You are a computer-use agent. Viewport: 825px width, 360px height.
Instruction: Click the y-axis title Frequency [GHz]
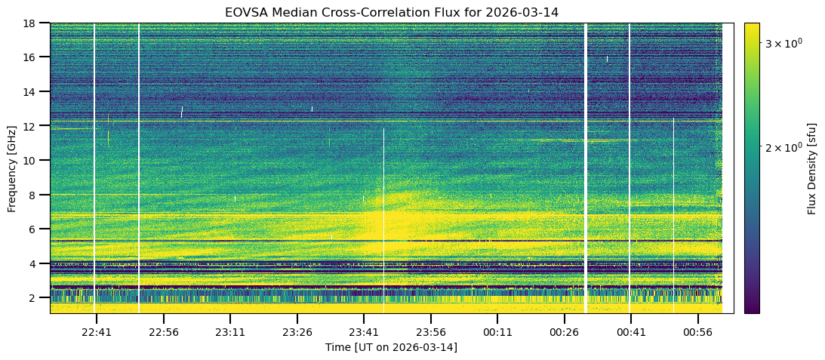(12, 168)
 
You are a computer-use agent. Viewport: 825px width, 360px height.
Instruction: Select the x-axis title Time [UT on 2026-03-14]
(391, 347)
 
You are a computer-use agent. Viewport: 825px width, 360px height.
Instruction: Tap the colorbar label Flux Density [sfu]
(812, 168)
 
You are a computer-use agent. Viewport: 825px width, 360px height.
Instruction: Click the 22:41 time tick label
(97, 331)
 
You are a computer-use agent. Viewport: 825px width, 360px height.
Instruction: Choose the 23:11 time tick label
(230, 331)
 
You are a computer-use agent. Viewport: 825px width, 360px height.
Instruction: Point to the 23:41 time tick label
(364, 331)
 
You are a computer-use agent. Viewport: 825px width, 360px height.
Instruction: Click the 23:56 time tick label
(430, 331)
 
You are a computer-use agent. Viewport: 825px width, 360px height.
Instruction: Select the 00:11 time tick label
(497, 331)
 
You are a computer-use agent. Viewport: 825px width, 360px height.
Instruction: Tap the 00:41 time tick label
(631, 331)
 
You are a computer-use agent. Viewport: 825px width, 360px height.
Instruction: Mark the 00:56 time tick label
(697, 331)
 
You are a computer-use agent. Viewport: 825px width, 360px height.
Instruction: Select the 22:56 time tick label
(164, 331)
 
